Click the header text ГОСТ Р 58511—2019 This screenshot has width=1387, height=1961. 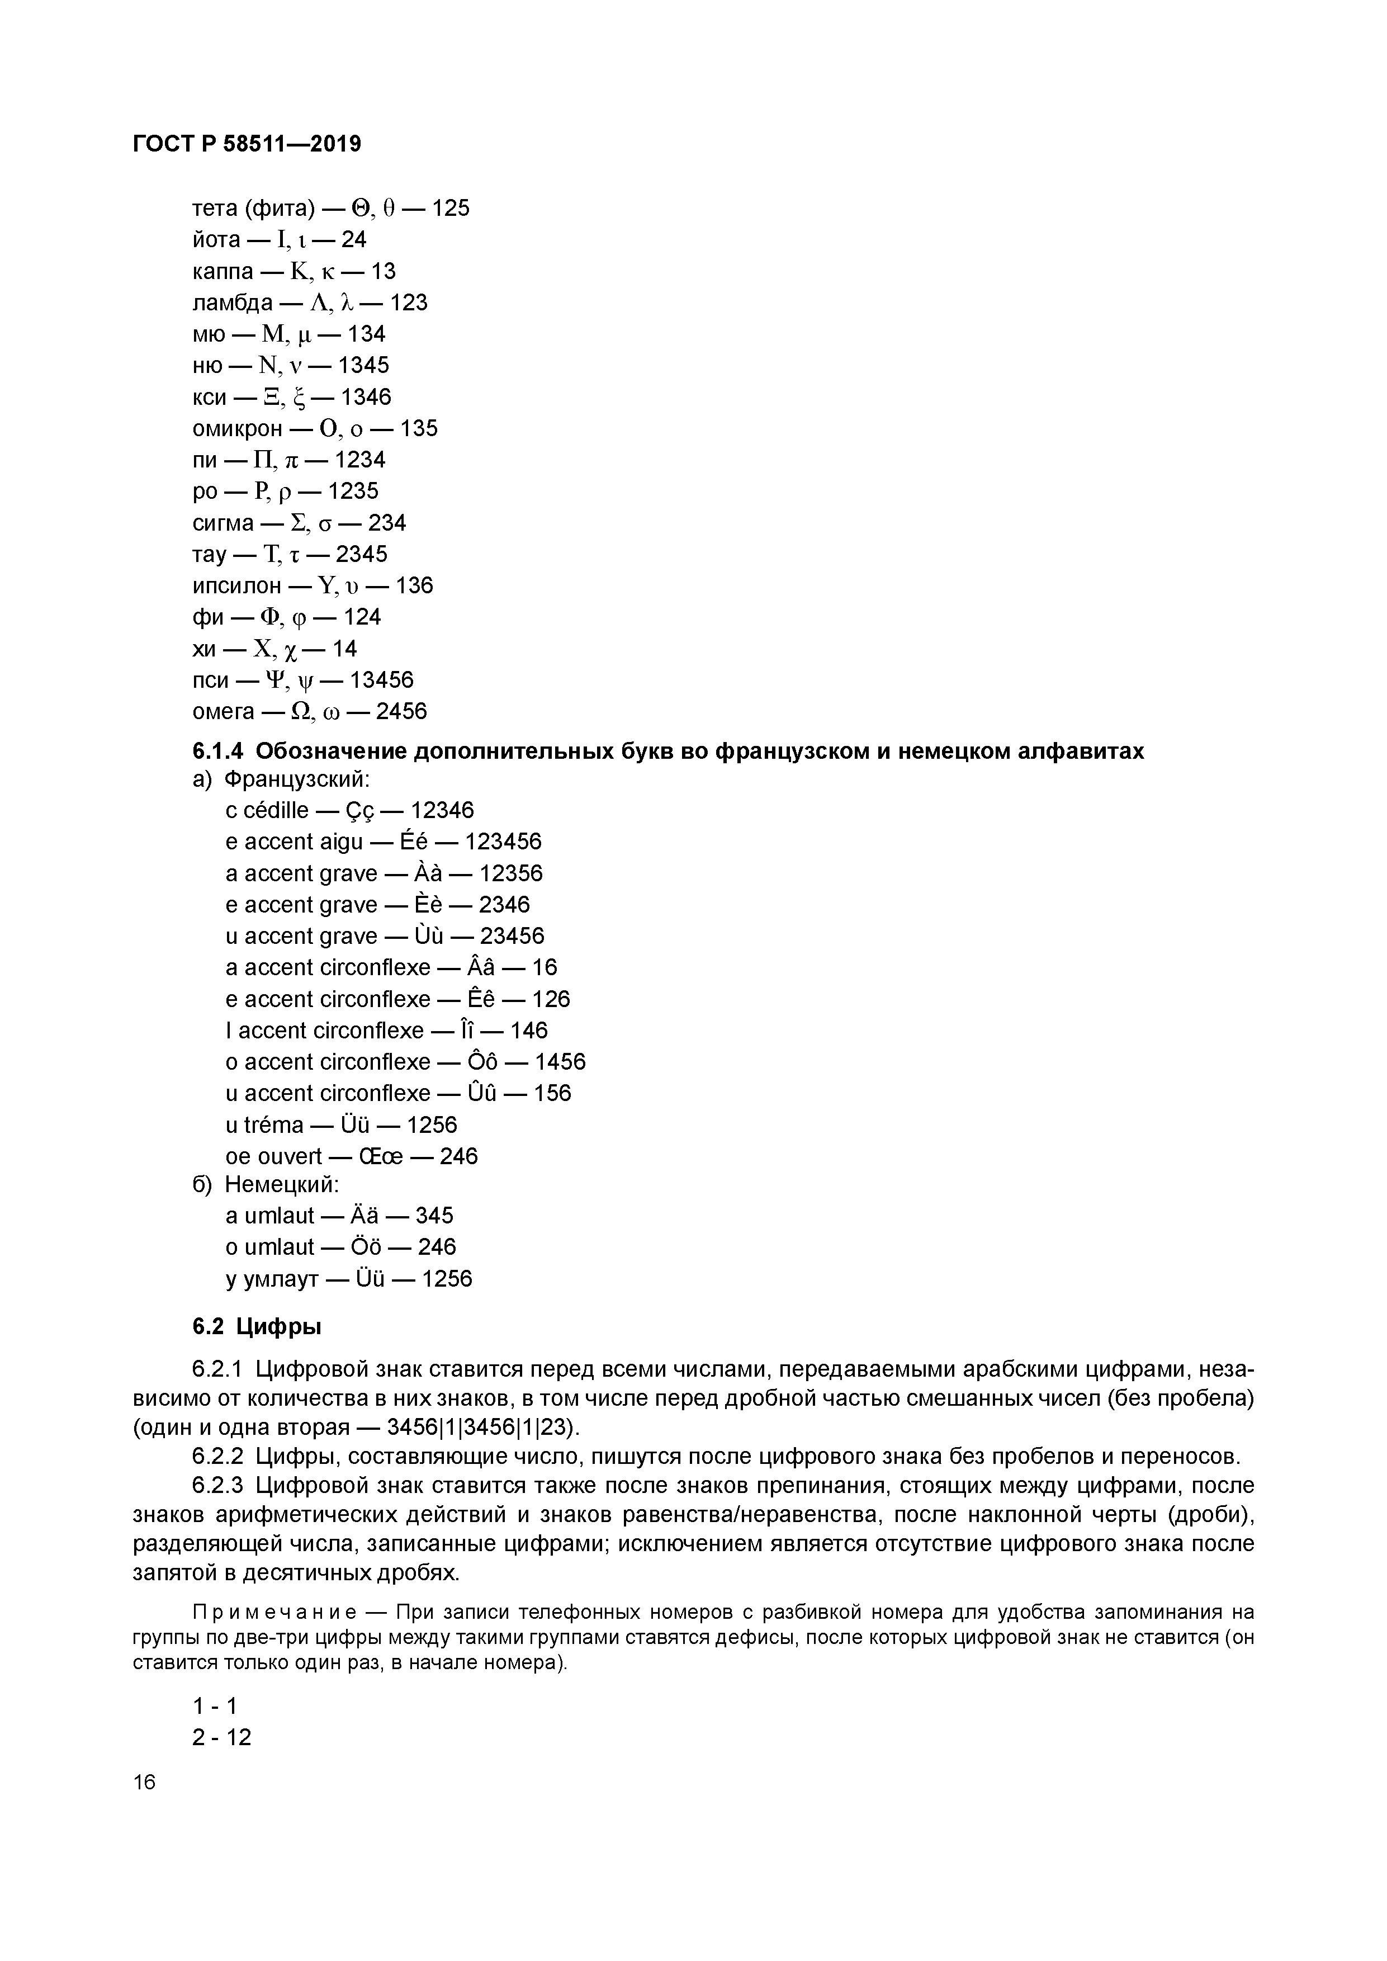247,144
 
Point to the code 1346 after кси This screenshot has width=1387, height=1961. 366,397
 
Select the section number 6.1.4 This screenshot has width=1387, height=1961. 218,751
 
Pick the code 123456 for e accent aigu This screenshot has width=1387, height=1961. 503,842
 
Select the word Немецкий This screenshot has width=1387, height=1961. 281,1185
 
